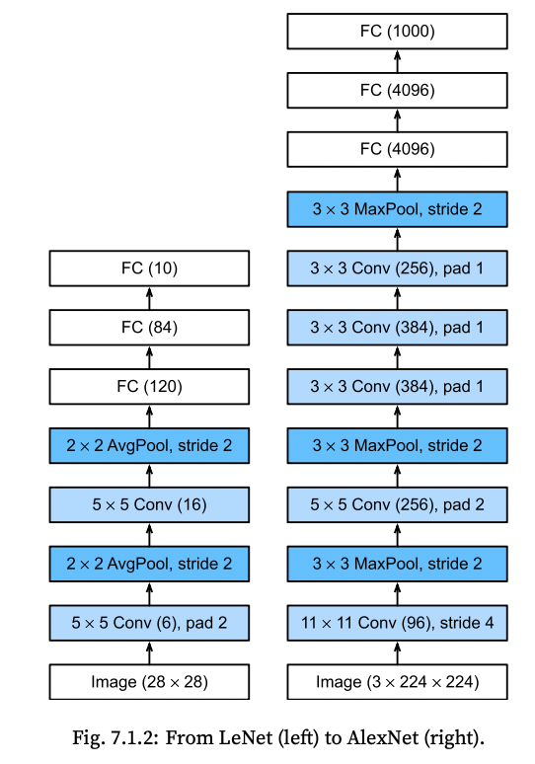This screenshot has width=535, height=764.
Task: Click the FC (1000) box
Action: coord(397,32)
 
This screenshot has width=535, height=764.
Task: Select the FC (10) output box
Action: coord(149,267)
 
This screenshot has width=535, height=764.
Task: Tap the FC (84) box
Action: coord(149,328)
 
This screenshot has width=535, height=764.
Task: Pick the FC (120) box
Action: coord(149,386)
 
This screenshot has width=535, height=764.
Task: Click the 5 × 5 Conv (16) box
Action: coord(149,504)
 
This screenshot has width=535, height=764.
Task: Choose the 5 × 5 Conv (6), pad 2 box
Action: coord(149,623)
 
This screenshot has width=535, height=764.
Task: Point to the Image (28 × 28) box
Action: coord(149,682)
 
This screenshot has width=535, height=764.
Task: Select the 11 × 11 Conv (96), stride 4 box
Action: coord(397,623)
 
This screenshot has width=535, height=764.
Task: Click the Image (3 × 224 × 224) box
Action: coord(397,682)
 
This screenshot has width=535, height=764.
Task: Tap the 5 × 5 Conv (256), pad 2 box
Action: coord(397,504)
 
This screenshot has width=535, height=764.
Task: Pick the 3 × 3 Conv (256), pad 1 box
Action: coord(397,267)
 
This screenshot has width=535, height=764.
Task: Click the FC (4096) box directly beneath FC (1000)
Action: coord(397,90)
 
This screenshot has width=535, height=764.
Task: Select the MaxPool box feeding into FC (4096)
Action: coord(397,209)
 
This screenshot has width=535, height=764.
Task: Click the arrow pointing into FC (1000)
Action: coord(397,61)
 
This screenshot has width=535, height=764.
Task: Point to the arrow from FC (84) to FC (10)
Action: coord(149,298)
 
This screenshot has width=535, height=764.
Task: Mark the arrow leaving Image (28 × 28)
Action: coord(149,652)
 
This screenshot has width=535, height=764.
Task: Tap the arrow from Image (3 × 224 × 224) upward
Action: coord(397,652)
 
